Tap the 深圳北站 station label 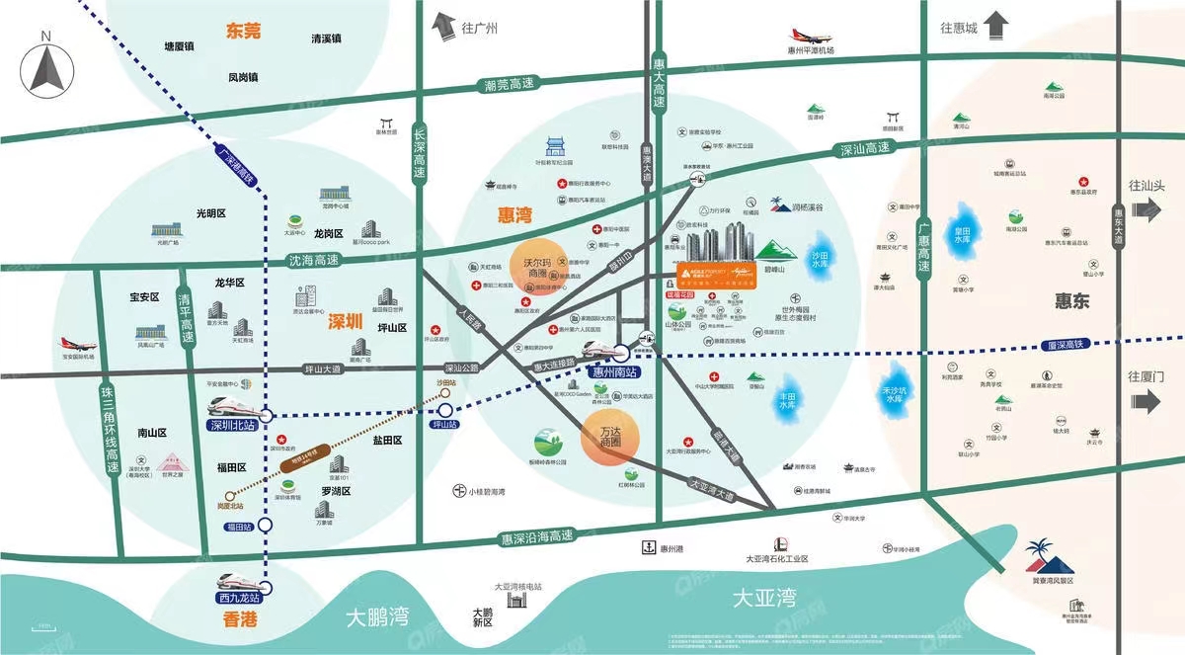coord(233,426)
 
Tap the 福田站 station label coord(236,528)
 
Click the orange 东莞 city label coord(243,31)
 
